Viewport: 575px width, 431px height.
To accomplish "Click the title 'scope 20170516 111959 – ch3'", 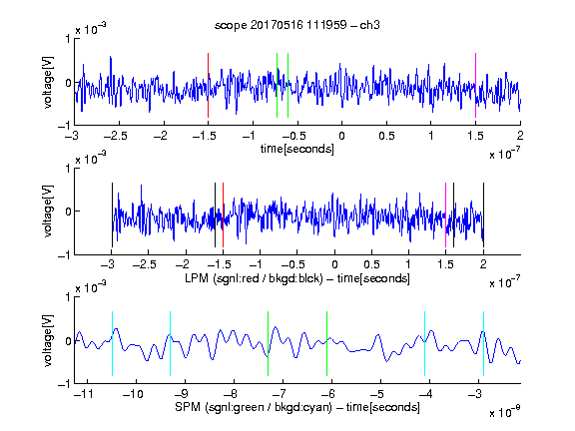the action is [x=297, y=25].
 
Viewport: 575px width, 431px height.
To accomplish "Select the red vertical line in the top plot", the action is [x=208, y=86].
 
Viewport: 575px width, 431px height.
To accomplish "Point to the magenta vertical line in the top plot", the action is [x=475, y=86].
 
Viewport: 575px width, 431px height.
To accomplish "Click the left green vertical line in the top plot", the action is [x=277, y=86].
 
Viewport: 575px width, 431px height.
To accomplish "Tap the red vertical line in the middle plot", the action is [x=223, y=215].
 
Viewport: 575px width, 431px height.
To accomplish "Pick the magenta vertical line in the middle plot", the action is [x=445, y=215].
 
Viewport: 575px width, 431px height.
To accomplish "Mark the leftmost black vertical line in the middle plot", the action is [x=112, y=215].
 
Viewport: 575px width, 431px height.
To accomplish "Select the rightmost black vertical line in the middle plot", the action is [x=483, y=215].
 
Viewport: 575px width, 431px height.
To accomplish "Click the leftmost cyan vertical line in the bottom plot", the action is [x=112, y=344].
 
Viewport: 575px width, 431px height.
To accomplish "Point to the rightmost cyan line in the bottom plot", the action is [x=483, y=344].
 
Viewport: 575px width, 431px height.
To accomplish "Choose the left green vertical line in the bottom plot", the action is [x=269, y=344].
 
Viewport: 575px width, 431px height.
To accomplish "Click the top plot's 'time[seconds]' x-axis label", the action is [x=297, y=149].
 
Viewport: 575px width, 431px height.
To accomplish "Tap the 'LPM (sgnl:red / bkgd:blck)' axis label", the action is [x=254, y=278].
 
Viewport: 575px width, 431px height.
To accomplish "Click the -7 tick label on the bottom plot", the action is [x=280, y=394].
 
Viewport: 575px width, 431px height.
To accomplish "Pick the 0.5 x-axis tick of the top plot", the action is [x=386, y=136].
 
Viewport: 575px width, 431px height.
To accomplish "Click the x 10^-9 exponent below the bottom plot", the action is [x=505, y=412].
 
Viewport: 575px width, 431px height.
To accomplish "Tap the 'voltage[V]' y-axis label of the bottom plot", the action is [x=48, y=340].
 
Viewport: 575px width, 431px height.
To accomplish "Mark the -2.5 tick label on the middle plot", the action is [x=145, y=264].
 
